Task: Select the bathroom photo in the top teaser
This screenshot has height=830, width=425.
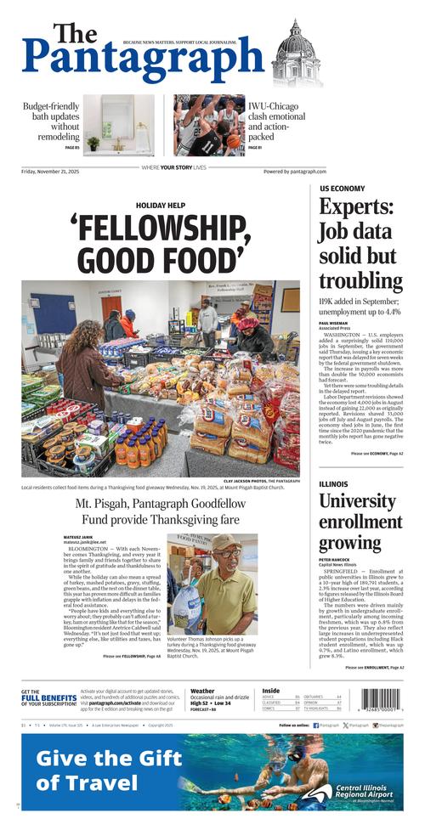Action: pyautogui.click(x=118, y=125)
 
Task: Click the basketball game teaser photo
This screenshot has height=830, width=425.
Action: pyautogui.click(x=209, y=125)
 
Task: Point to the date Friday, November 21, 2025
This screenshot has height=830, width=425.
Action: pyautogui.click(x=58, y=171)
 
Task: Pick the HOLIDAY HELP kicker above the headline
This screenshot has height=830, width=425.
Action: pyautogui.click(x=160, y=205)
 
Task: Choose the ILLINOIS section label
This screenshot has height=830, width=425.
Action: pyautogui.click(x=333, y=484)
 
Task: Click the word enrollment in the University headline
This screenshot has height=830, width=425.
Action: pyautogui.click(x=361, y=521)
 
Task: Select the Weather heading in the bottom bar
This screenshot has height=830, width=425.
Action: pyautogui.click(x=202, y=691)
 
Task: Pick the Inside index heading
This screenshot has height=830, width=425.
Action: pyautogui.click(x=270, y=691)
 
